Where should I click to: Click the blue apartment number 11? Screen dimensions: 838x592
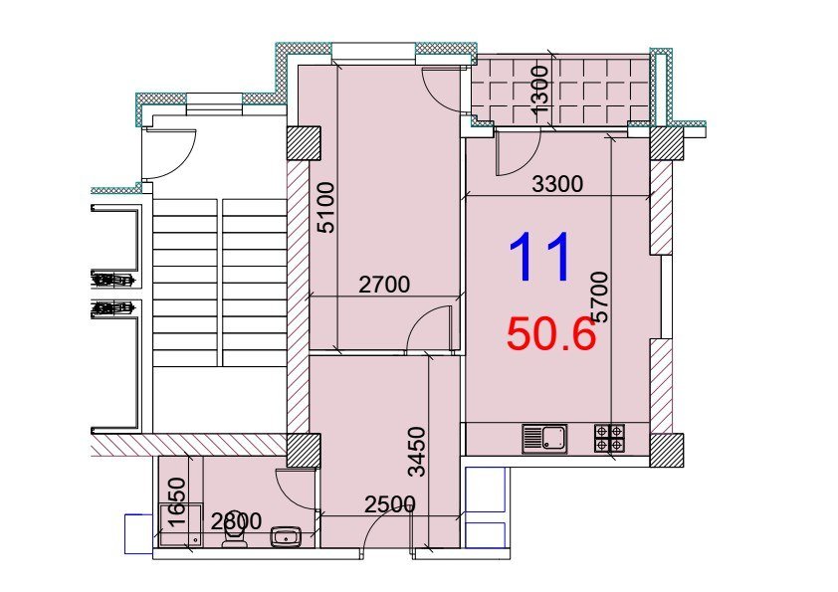pyautogui.click(x=539, y=257)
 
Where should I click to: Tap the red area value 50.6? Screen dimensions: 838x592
pyautogui.click(x=551, y=334)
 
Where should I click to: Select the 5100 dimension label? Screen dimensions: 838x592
pyautogui.click(x=326, y=208)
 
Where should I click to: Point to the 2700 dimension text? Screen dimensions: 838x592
pyautogui.click(x=384, y=285)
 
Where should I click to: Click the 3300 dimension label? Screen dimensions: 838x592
pyautogui.click(x=557, y=184)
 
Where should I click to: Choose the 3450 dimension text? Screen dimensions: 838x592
pyautogui.click(x=416, y=451)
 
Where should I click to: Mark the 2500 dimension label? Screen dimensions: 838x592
pyautogui.click(x=390, y=504)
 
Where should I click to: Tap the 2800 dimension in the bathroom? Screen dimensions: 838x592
pyautogui.click(x=236, y=521)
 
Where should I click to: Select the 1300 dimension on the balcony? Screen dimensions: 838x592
pyautogui.click(x=539, y=89)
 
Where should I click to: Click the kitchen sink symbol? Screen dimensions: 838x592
pyautogui.click(x=544, y=439)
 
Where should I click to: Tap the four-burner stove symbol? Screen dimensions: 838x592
pyautogui.click(x=609, y=438)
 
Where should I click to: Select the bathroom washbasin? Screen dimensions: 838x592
pyautogui.click(x=287, y=536)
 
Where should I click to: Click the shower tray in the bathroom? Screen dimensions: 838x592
pyautogui.click(x=181, y=525)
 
